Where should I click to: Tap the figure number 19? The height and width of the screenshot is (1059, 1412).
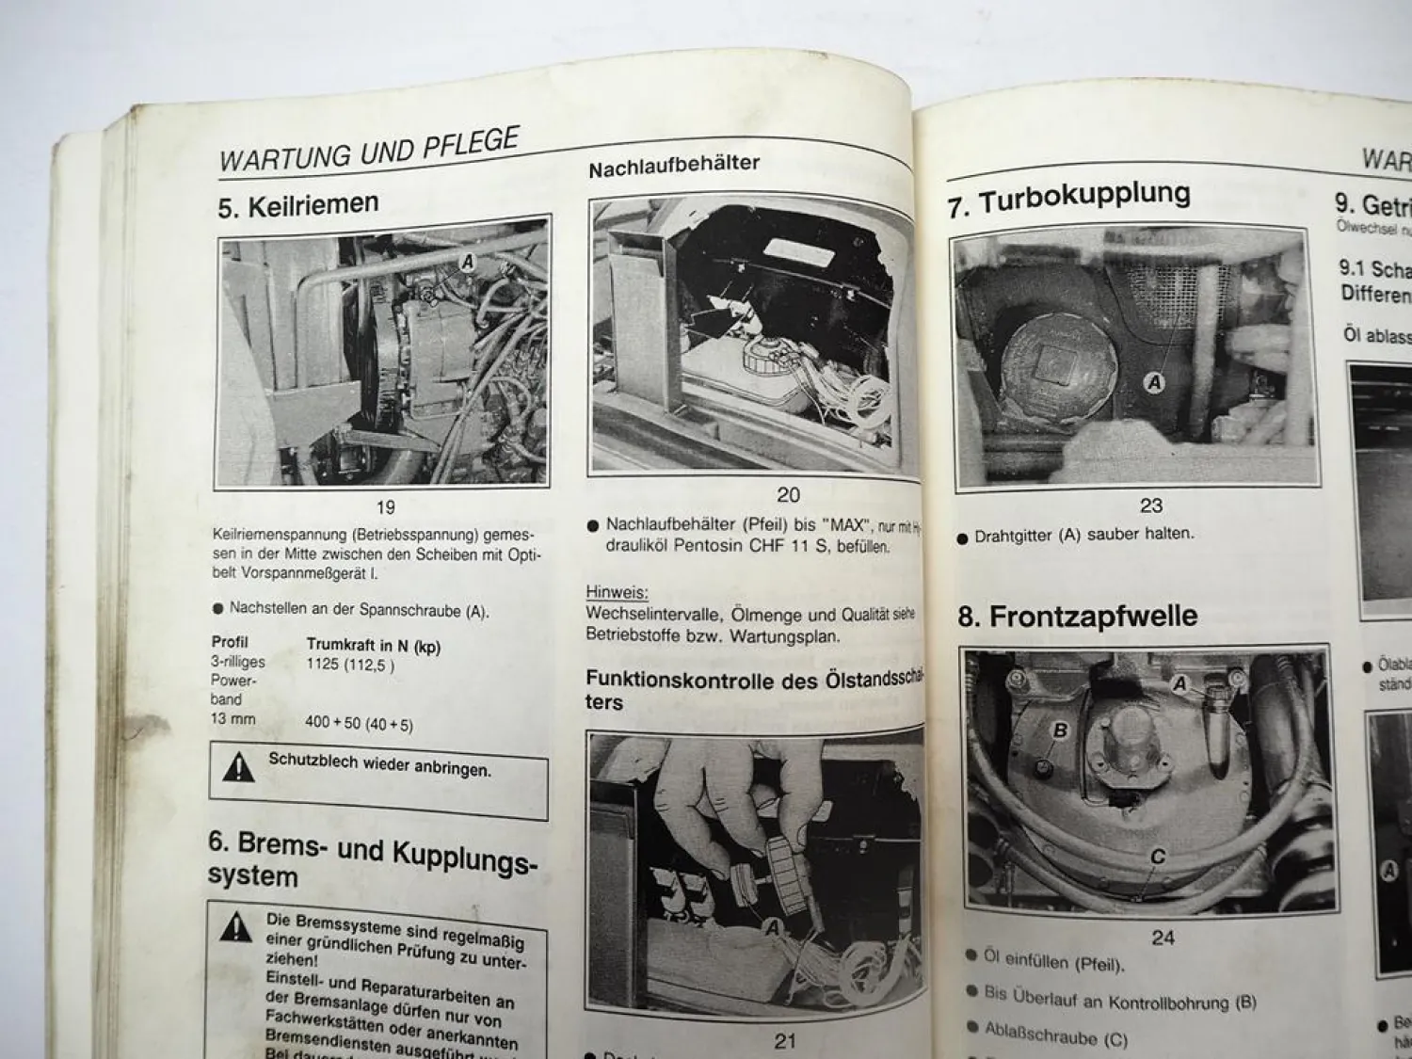coord(385,507)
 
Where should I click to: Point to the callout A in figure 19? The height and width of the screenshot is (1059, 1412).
coord(467,263)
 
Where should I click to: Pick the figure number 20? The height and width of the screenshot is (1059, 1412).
coord(788,494)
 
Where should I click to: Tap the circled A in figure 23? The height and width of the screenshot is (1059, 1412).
coord(1154,381)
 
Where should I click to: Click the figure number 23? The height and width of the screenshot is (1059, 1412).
coord(1151,505)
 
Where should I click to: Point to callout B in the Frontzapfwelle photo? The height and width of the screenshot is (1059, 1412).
coord(1060,730)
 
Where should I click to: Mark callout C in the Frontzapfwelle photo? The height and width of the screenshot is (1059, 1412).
coord(1158,856)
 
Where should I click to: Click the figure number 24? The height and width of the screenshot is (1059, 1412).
coord(1163,937)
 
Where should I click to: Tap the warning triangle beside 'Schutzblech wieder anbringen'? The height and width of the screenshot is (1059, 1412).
coord(239,769)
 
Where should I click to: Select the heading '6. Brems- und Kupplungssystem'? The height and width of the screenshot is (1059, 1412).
coord(372,858)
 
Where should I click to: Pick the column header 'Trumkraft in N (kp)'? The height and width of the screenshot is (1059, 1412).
coord(373,647)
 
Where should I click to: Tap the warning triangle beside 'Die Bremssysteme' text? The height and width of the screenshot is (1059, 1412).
coord(235,928)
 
